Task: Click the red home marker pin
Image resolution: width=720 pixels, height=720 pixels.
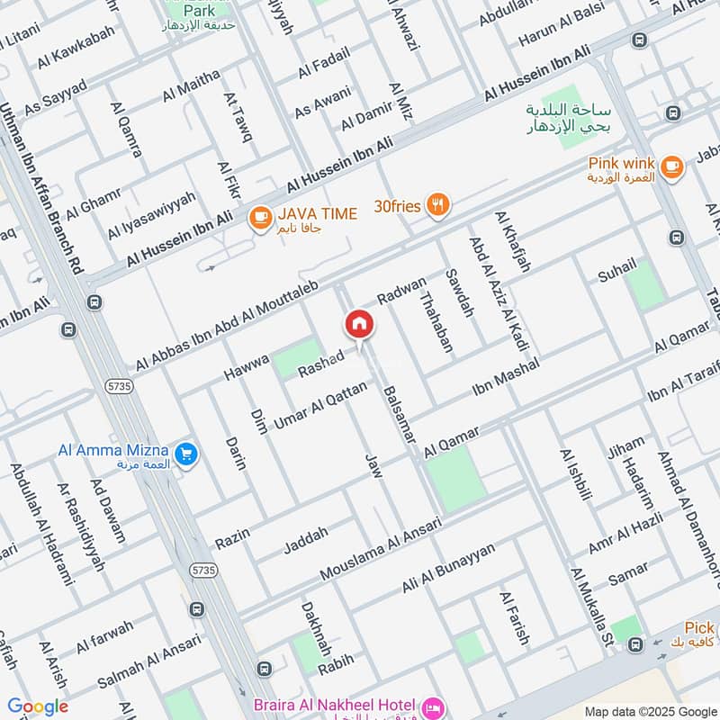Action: pyautogui.click(x=359, y=324)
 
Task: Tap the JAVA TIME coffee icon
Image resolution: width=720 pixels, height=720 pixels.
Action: pyautogui.click(x=260, y=217)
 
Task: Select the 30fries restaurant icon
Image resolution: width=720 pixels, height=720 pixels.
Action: pyautogui.click(x=437, y=205)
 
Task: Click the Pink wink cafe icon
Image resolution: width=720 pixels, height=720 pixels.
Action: pyautogui.click(x=670, y=166)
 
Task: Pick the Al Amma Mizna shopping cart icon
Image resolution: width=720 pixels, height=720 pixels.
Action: pyautogui.click(x=187, y=454)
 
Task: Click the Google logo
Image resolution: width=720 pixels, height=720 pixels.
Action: pyautogui.click(x=38, y=706)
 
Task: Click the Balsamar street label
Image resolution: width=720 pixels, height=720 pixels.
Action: pyautogui.click(x=399, y=413)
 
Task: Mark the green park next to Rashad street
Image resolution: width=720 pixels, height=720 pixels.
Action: pyautogui.click(x=297, y=359)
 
